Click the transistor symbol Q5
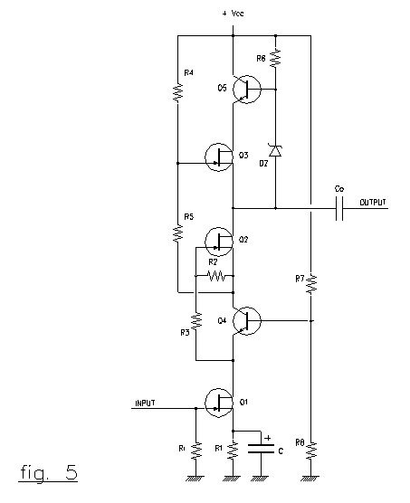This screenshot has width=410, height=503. click(247, 90)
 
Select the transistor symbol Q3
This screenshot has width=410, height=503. click(219, 157)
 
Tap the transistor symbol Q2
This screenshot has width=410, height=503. click(219, 242)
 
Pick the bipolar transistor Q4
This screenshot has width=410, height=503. click(247, 321)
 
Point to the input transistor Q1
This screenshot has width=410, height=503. click(219, 403)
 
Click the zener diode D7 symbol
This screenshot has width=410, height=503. click(275, 150)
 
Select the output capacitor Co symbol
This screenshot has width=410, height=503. click(339, 208)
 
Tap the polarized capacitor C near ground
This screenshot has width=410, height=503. click(261, 449)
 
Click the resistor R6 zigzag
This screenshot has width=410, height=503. click(275, 59)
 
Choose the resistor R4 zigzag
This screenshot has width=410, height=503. click(177, 93)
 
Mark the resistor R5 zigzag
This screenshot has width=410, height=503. click(177, 233)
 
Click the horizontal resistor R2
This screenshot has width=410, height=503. click(216, 276)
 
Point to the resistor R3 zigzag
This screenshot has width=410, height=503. click(196, 321)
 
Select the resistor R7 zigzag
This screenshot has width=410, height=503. click(310, 283)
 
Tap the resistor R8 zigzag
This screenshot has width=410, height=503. click(310, 451)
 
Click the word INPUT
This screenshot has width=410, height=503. click(145, 403)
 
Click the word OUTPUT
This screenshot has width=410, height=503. click(373, 203)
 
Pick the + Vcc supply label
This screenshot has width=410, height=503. click(234, 14)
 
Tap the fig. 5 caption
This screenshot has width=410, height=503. click(49, 472)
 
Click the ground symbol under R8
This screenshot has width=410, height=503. click(310, 479)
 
